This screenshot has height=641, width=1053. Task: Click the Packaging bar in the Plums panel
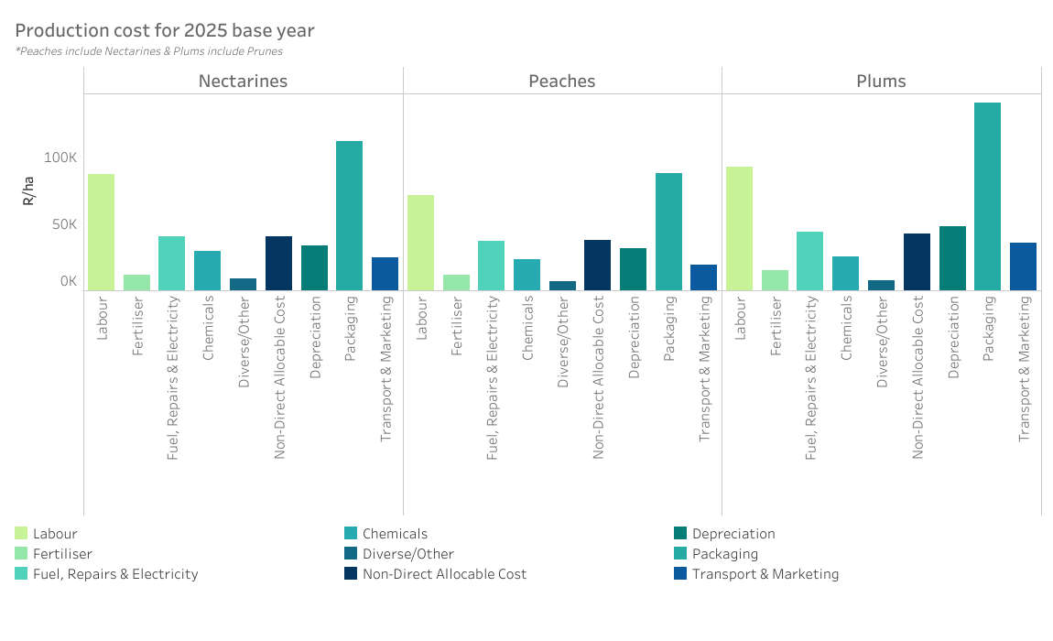pyautogui.click(x=987, y=197)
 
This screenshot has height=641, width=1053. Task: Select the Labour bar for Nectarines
pyautogui.click(x=102, y=233)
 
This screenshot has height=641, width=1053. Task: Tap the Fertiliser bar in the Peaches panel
pyautogui.click(x=456, y=283)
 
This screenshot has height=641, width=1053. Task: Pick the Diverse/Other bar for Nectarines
pyautogui.click(x=244, y=285)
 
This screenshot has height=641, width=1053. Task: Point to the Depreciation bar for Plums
pyautogui.click(x=952, y=258)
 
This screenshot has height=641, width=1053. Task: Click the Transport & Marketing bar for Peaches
pyautogui.click(x=704, y=277)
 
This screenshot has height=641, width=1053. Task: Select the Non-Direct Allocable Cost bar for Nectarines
pyautogui.click(x=278, y=264)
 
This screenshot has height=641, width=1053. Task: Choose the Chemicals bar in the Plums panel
pyautogui.click(x=846, y=274)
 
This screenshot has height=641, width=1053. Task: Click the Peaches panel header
pyautogui.click(x=562, y=81)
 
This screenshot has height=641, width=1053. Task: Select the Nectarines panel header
pyautogui.click(x=243, y=81)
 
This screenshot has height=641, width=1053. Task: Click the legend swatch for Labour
pyautogui.click(x=21, y=534)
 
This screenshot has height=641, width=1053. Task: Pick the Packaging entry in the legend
pyautogui.click(x=725, y=554)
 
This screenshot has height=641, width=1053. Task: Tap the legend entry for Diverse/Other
pyautogui.click(x=407, y=554)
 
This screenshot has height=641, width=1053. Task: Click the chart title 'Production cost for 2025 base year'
pyautogui.click(x=165, y=31)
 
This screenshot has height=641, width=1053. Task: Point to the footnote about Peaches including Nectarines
pyautogui.click(x=149, y=51)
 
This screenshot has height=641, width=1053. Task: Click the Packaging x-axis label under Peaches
pyautogui.click(x=669, y=329)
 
